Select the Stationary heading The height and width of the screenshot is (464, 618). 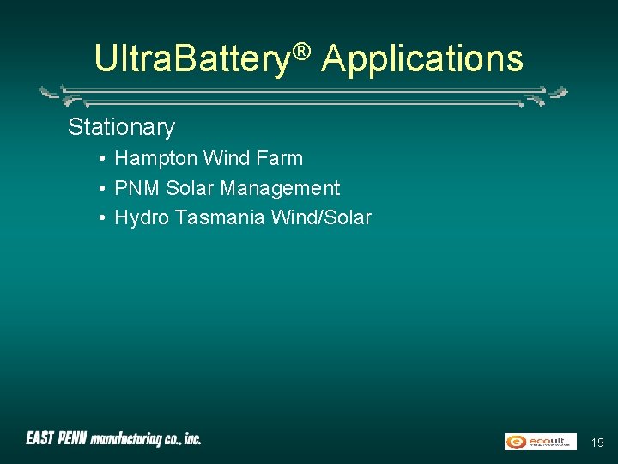point(121,127)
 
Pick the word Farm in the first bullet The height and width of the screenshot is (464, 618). point(280,158)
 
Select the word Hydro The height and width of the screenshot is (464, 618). point(142,218)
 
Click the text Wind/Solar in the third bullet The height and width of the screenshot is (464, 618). point(321,218)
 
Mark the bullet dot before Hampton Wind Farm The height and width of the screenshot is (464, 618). point(101,159)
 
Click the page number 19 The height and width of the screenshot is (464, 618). point(597,443)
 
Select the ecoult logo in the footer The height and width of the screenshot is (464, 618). point(540,441)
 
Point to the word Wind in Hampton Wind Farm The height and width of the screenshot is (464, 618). point(224,158)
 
